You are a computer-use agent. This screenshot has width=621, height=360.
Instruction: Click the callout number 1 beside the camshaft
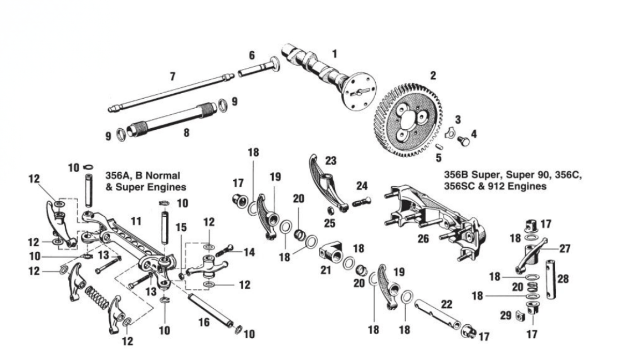(x=335, y=53)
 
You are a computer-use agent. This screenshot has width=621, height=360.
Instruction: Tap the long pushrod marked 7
(x=171, y=93)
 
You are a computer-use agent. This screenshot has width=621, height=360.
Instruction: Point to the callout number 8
(x=186, y=132)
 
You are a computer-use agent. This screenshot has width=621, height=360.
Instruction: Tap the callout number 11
(x=136, y=221)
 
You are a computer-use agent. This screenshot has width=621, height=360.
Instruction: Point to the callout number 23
(x=331, y=161)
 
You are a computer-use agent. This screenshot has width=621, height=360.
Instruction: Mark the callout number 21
(x=326, y=269)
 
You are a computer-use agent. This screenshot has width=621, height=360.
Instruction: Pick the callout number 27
(x=565, y=248)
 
